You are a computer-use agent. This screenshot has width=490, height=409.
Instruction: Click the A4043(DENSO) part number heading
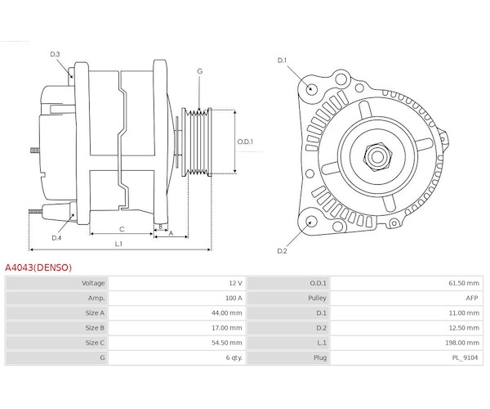click(38, 267)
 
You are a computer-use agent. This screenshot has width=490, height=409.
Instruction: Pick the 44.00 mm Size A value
click(226, 312)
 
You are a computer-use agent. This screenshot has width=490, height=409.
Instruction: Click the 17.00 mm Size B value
click(226, 328)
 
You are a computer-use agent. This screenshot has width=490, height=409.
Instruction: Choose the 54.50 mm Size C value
click(226, 343)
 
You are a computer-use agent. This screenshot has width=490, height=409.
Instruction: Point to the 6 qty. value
click(232, 357)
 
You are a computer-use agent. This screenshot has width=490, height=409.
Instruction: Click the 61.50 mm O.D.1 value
click(462, 283)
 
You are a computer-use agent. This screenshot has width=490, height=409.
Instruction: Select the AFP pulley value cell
click(471, 298)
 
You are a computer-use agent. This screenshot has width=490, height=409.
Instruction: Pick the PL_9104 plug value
click(465, 357)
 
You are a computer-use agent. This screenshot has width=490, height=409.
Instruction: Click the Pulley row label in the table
click(318, 298)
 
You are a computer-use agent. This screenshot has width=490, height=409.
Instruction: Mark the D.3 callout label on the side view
click(56, 55)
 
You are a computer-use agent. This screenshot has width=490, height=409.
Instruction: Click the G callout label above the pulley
click(200, 72)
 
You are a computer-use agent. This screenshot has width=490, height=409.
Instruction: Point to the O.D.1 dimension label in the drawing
click(246, 142)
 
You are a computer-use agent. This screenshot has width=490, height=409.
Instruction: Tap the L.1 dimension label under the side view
click(118, 244)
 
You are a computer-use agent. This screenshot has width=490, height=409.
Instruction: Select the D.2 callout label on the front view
click(282, 250)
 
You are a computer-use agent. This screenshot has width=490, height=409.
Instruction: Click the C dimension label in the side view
click(121, 229)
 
